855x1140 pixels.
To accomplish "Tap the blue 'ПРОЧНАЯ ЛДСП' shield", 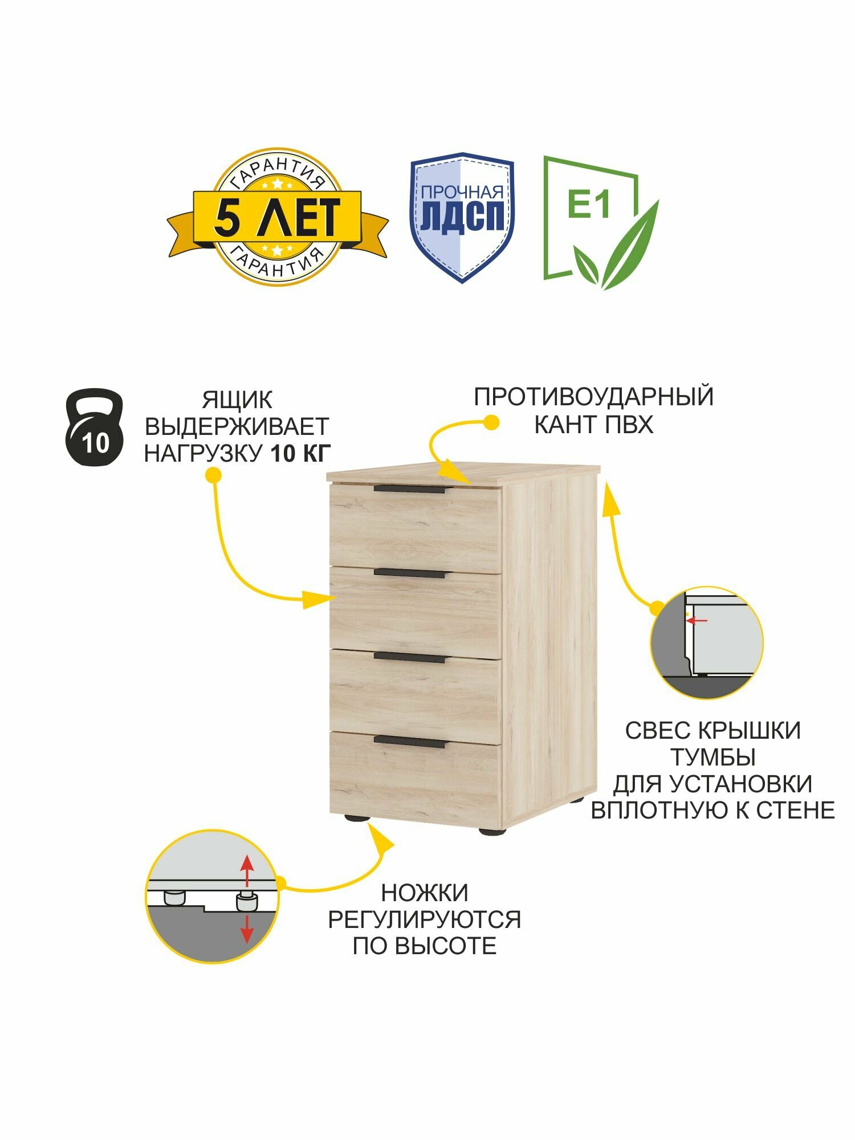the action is pyautogui.click(x=462, y=217).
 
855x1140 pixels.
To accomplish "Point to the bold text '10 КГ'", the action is pyautogui.click(x=300, y=454).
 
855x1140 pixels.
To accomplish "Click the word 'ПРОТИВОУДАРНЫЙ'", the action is pyautogui.click(x=593, y=397).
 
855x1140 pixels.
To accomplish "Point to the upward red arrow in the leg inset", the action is pyautogui.click(x=246, y=869).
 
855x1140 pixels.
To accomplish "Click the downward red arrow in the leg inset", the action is pyautogui.click(x=246, y=931).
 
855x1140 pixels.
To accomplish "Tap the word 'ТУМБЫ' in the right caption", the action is pyautogui.click(x=712, y=758).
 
